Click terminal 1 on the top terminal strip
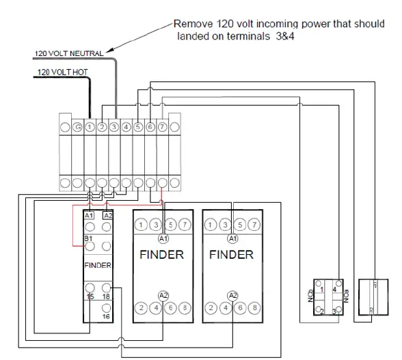90,126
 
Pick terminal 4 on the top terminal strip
126,126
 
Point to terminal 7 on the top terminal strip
162,126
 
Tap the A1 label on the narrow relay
89,216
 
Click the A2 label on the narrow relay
107,216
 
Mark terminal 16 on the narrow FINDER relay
106,317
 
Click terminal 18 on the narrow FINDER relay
106,296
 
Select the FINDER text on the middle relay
162,255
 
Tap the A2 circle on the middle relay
163,294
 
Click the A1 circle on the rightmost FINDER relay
233,238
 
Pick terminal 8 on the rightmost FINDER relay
255,308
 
